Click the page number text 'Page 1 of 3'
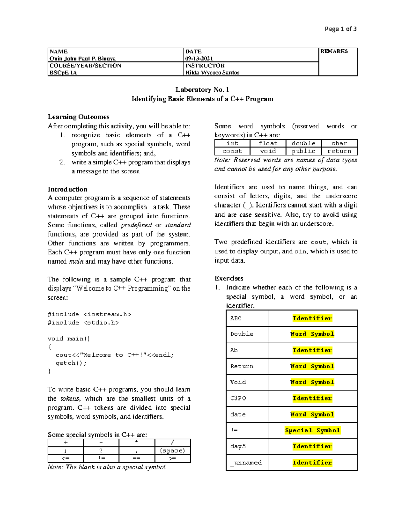[x=340, y=29]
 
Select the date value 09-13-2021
[x=199, y=58]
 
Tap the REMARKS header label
[x=334, y=51]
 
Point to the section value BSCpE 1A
[x=63, y=73]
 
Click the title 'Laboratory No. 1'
[x=202, y=90]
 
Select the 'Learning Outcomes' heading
[x=78, y=117]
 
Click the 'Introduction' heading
[x=67, y=189]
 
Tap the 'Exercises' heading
[x=228, y=278]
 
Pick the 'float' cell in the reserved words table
[x=268, y=143]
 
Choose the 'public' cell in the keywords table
[x=303, y=151]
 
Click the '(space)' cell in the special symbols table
[x=172, y=451]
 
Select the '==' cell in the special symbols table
[x=137, y=458]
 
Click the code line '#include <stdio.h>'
[x=83, y=323]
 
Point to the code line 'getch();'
[x=71, y=363]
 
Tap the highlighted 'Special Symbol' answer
[x=312, y=430]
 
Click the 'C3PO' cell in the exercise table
[x=238, y=398]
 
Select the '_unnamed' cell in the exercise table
[x=246, y=463]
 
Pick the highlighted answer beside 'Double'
[x=312, y=334]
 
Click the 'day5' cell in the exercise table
[x=238, y=446]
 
